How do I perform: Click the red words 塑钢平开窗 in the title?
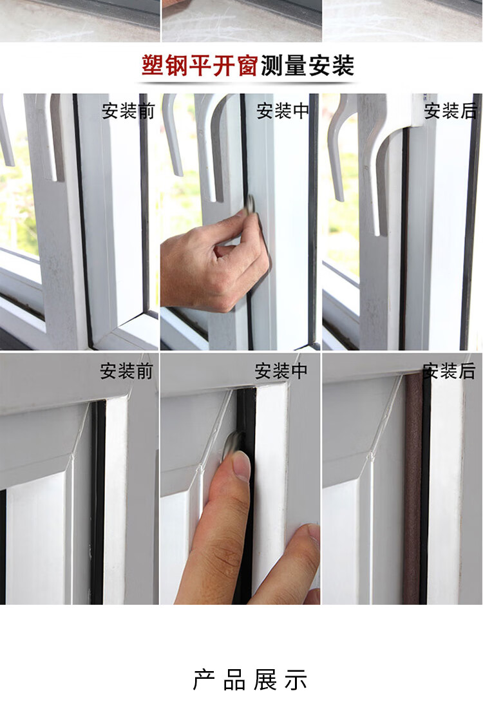click(200, 66)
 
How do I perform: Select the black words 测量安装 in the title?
click(308, 66)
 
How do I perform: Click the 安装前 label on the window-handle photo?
click(128, 111)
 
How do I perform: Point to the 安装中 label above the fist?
click(283, 111)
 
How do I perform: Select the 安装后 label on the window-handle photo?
click(451, 111)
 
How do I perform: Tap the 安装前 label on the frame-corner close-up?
click(127, 371)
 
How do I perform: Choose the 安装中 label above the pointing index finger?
click(281, 371)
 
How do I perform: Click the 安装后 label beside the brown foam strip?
click(449, 371)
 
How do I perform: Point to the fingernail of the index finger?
click(242, 466)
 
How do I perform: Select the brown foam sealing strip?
click(413, 488)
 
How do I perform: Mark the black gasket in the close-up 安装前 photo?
click(98, 502)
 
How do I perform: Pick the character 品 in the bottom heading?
click(234, 679)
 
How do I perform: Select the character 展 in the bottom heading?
click(265, 679)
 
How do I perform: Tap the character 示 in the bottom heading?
click(296, 679)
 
